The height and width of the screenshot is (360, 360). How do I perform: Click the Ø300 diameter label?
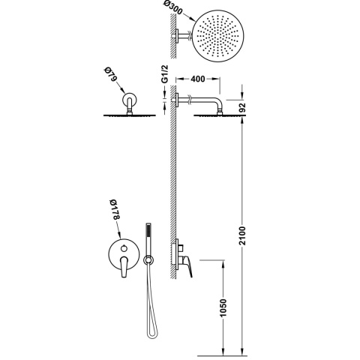click(x=173, y=8)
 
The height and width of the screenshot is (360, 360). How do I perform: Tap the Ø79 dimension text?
click(x=110, y=73)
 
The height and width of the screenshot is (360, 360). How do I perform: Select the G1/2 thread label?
click(x=165, y=73)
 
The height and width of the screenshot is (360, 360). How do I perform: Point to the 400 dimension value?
click(x=198, y=79)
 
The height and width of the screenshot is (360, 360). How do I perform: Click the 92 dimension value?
click(x=242, y=108)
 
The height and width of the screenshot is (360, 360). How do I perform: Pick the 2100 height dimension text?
click(x=242, y=235)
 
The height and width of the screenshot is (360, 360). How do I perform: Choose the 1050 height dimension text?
click(x=223, y=307)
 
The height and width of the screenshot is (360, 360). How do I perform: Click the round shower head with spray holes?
click(x=217, y=37)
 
